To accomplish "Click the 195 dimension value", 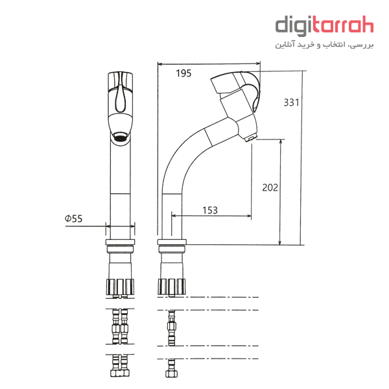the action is coord(183,73).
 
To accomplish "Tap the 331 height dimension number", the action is coord(291,102).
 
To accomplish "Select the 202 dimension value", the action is coord(270,187).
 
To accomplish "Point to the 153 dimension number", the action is coord(210,210).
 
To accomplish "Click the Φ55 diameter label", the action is coord(73,218).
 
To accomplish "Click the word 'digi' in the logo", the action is coord(294,26).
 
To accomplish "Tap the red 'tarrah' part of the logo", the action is coord(344,25).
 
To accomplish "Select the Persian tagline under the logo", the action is coord(324,45).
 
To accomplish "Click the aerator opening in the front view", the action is coord(121,136).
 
